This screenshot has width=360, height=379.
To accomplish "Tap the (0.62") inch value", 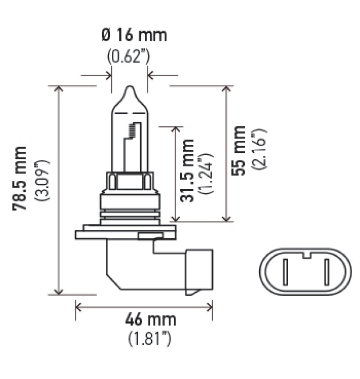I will tap(128, 56).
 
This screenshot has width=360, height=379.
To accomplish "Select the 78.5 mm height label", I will tap(20, 178).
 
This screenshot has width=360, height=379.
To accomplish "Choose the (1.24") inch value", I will tap(207, 173).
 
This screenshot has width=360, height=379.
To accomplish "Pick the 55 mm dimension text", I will tap(239, 151).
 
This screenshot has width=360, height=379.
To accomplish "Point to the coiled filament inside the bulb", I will tap(132, 130).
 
